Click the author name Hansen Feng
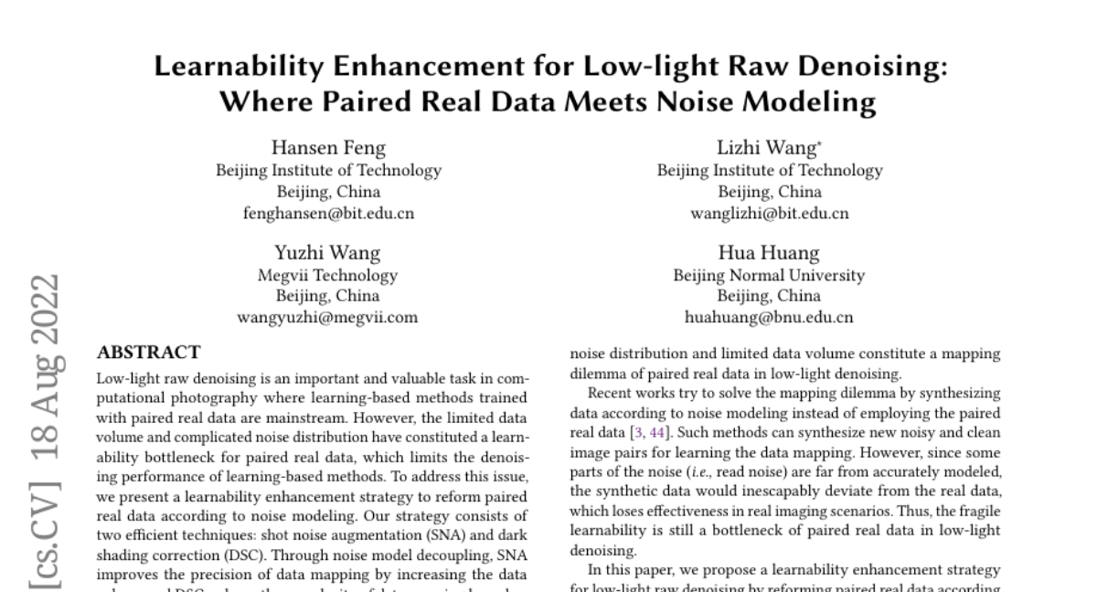pyautogui.click(x=328, y=148)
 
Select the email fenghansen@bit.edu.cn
pyautogui.click(x=328, y=214)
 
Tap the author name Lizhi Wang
pyautogui.click(x=769, y=148)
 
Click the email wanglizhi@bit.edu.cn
pyautogui.click(x=770, y=214)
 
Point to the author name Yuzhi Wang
pyautogui.click(x=328, y=253)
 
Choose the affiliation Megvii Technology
pyautogui.click(x=328, y=275)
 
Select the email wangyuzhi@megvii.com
pyautogui.click(x=328, y=318)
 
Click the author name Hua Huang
pyautogui.click(x=769, y=253)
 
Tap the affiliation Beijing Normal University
pyautogui.click(x=769, y=275)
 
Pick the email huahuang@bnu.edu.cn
pyautogui.click(x=769, y=318)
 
